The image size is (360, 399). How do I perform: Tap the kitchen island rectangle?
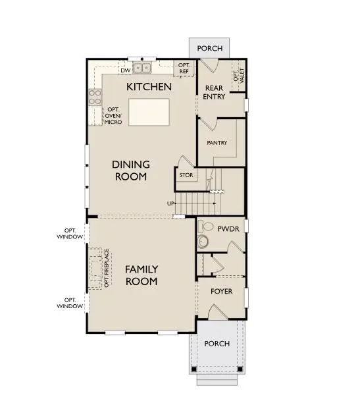pos(148,112)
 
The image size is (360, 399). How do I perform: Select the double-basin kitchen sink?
pos(142,67)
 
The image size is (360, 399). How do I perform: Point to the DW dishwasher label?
pos(124,70)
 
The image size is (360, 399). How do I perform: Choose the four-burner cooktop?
pos(95,97)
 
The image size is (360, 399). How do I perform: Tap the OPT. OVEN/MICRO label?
pos(118,117)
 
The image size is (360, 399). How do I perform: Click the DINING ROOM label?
pos(130,171)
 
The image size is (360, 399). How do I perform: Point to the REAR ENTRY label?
pos(215,92)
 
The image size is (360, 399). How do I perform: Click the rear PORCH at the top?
pos(209,48)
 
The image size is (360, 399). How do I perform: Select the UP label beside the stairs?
pos(170,203)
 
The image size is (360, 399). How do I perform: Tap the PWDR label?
pos(228,228)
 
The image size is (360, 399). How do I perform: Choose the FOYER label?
pos(221,290)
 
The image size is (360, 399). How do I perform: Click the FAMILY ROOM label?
pos(141,275)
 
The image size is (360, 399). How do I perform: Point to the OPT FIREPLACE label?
pos(107,269)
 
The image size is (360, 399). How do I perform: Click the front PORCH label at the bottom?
pos(217,344)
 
